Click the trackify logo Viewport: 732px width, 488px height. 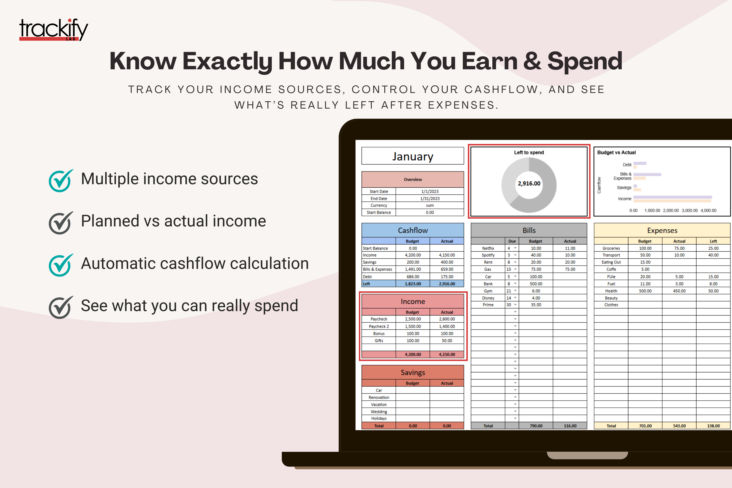click(53, 30)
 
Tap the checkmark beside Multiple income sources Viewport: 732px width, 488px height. click(61, 181)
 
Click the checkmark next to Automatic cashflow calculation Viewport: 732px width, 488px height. click(61, 265)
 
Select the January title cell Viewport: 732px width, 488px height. click(412, 156)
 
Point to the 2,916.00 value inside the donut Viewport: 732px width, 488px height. click(529, 184)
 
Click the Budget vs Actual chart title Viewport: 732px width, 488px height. click(616, 152)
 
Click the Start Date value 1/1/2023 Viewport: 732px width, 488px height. click(430, 191)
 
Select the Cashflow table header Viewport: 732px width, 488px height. click(412, 230)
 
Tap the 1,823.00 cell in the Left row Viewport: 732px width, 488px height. click(413, 284)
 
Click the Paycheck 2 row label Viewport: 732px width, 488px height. click(379, 326)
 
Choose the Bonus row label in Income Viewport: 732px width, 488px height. click(379, 334)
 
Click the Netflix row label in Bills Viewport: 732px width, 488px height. click(488, 248)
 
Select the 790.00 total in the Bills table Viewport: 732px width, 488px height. click(536, 426)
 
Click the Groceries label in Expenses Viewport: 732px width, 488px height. click(611, 248)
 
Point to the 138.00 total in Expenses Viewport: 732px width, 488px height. click(713, 426)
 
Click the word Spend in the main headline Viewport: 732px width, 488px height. click(584, 61)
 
